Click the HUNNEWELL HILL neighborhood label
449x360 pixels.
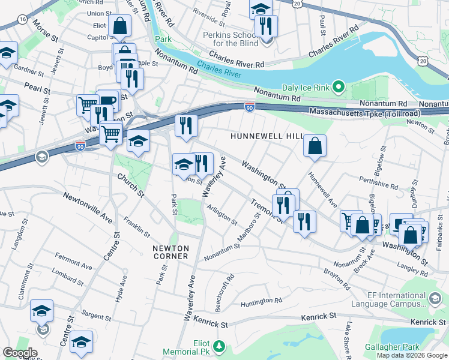(x=267, y=137)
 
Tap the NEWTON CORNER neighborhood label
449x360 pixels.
(x=170, y=252)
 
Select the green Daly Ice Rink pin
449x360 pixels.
(x=338, y=88)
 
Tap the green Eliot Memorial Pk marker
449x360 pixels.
(x=220, y=346)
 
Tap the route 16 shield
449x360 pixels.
(x=22, y=20)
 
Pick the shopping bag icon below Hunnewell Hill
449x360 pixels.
(x=315, y=146)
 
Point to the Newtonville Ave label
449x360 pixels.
(x=88, y=206)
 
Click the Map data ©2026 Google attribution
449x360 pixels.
(x=411, y=355)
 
